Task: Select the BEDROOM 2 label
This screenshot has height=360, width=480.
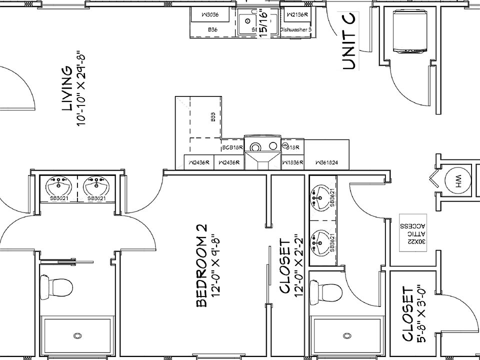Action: (201, 265)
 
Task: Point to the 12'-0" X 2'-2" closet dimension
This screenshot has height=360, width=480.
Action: (298, 266)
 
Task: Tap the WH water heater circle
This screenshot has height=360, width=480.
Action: (458, 182)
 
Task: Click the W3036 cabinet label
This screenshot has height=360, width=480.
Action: (211, 15)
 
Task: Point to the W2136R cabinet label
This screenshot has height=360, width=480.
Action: (296, 15)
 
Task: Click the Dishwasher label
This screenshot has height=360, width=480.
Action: (296, 30)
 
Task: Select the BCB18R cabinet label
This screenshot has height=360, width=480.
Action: (232, 147)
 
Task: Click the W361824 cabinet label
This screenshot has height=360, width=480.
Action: (327, 162)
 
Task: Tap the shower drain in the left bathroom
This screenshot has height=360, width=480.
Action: (77, 336)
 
